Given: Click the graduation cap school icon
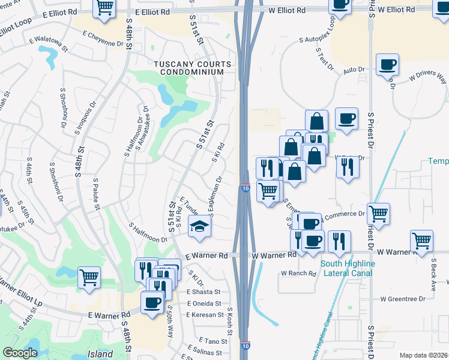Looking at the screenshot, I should tap(199, 226).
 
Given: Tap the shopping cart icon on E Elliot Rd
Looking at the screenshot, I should tap(104, 7).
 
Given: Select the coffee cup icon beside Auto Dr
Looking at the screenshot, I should tap(387, 64).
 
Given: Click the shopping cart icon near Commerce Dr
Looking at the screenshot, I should tap(378, 213).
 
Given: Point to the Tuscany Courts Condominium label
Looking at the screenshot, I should tap(193, 68).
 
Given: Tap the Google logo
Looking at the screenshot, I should tap(20, 353).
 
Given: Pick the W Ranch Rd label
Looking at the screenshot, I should tap(298, 274).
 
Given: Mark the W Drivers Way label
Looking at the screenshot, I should tap(427, 77).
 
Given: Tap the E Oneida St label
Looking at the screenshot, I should tap(204, 303).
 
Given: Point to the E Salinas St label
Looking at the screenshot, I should tap(207, 352).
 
